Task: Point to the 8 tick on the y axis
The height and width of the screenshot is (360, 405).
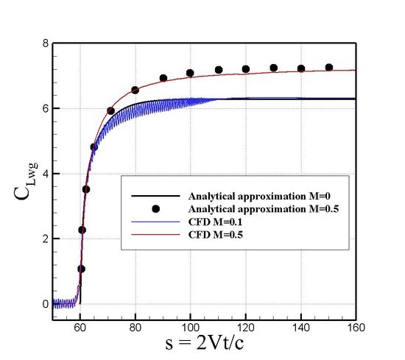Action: coord(46,43)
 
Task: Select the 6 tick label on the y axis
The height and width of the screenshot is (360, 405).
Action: coord(46,108)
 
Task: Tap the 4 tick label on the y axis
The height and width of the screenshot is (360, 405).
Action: coord(46,174)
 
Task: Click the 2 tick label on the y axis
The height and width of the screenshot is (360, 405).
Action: coord(46,239)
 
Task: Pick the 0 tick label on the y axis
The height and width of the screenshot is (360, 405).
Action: coord(46,303)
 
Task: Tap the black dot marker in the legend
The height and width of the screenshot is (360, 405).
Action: coord(153,210)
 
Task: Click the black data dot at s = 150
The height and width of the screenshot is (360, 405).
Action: coord(328,67)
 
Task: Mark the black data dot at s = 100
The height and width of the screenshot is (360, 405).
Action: coord(190,73)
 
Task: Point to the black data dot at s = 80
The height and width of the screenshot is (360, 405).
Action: coord(135,90)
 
